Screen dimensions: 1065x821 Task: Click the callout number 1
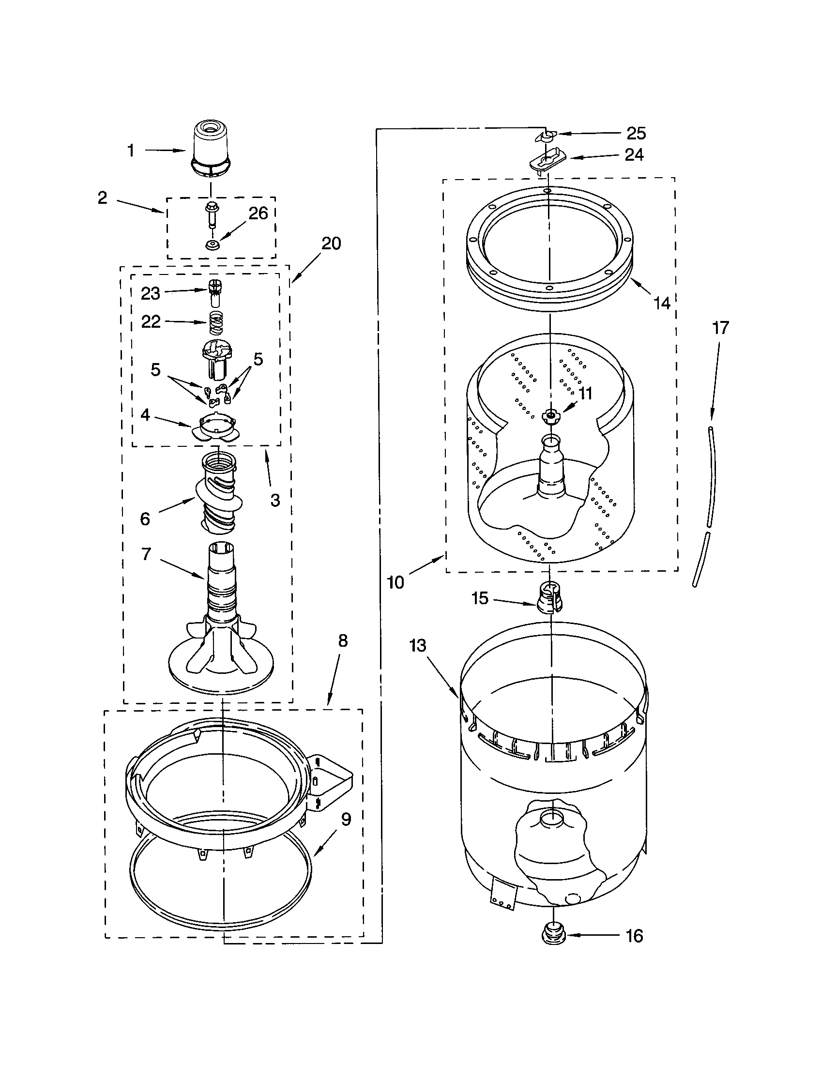tap(131, 151)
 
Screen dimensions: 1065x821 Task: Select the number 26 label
tap(258, 213)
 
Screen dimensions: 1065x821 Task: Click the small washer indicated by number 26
tap(212, 245)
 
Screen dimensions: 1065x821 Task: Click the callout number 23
tap(150, 293)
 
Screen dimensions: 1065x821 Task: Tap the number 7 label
tap(146, 554)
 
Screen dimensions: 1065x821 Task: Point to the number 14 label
tap(662, 304)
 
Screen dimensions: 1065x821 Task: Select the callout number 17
tap(720, 328)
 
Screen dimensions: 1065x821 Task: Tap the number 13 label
tap(418, 646)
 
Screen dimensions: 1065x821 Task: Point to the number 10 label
tap(395, 582)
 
